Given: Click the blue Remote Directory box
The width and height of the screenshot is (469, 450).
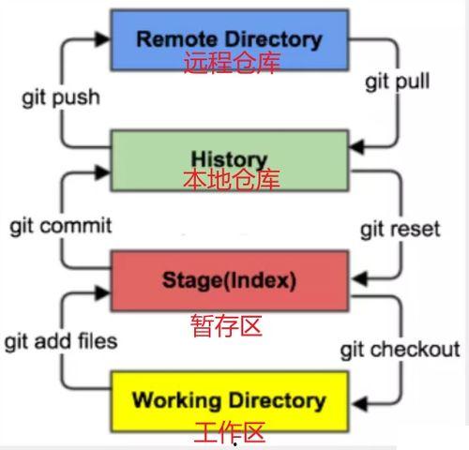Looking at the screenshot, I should (x=229, y=40).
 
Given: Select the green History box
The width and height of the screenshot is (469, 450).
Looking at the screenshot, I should (x=229, y=159).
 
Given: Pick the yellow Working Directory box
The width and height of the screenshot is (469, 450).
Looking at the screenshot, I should (x=229, y=401).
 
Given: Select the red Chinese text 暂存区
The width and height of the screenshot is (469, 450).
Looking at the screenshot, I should (x=226, y=325).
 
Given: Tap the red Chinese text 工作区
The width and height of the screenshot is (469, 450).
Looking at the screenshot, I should (x=230, y=432).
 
